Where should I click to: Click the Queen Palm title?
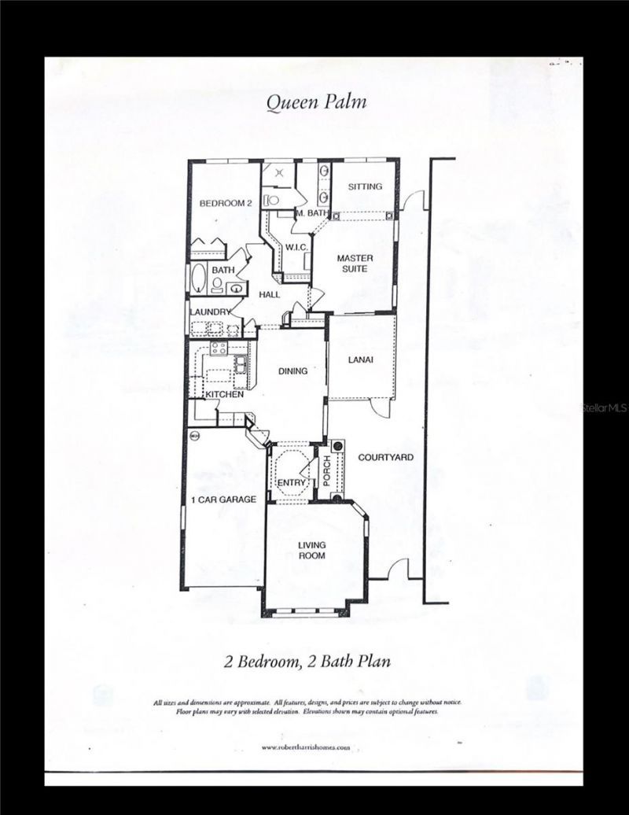click(x=315, y=101)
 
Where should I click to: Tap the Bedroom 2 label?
click(x=225, y=203)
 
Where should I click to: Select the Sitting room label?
click(x=365, y=186)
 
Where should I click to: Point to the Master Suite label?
click(x=355, y=264)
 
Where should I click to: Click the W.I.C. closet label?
click(x=296, y=248)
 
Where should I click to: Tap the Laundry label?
click(x=210, y=312)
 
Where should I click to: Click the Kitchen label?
click(x=225, y=394)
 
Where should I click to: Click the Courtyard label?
click(x=385, y=457)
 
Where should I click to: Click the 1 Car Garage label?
click(x=223, y=499)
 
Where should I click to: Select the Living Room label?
click(x=311, y=550)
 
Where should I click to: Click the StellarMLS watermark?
click(x=604, y=408)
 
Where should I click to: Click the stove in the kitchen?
click(x=219, y=347)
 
